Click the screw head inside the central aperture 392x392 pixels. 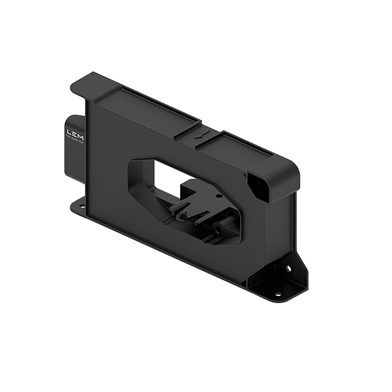pos(181,216)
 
